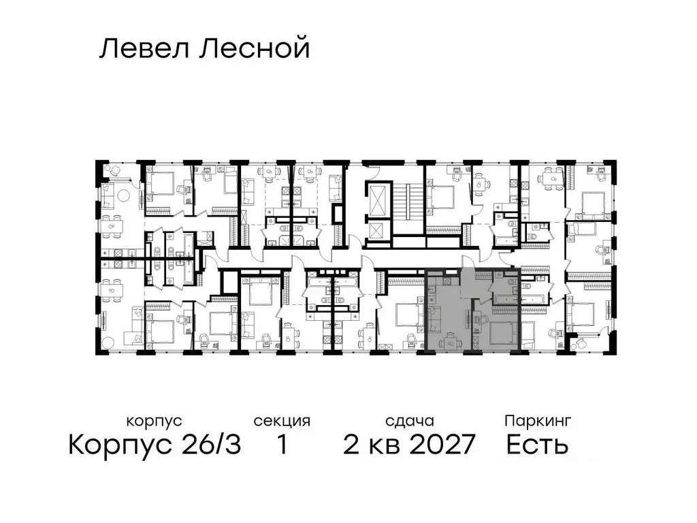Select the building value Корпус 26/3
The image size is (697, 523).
155,445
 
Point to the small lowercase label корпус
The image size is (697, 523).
155,421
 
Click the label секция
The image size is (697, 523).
282,421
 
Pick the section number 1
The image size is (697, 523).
282,445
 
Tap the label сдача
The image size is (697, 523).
408,421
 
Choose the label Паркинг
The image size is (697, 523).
538,421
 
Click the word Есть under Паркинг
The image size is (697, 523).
538,445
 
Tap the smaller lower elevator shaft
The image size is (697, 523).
376,232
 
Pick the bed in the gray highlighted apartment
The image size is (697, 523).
502,332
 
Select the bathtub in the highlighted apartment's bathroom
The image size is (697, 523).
504,298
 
